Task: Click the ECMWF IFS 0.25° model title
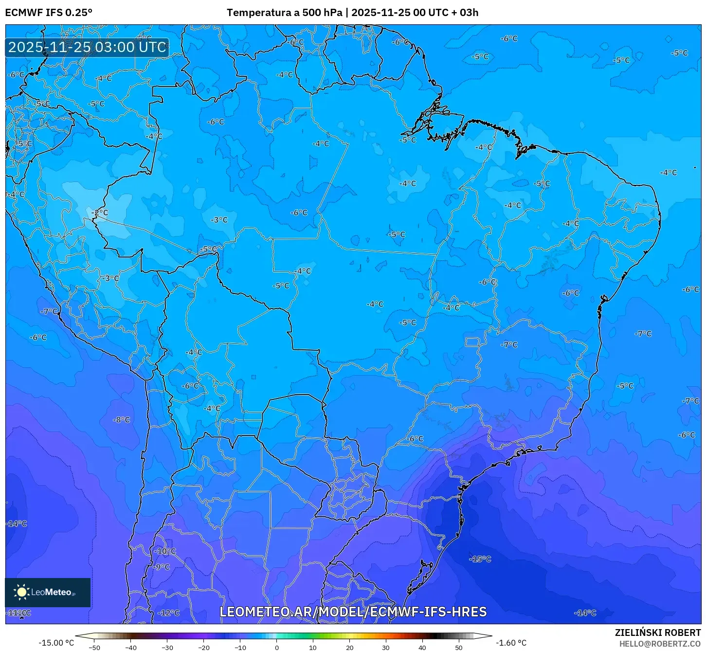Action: (x=49, y=13)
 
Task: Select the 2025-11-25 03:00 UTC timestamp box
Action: (x=87, y=47)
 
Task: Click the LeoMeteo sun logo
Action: (x=21, y=592)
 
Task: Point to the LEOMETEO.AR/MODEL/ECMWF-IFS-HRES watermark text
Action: (x=353, y=612)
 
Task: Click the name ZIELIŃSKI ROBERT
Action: (x=657, y=633)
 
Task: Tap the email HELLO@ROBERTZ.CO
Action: (x=660, y=644)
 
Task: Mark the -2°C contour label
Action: (x=100, y=213)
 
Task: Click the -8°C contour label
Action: (x=122, y=419)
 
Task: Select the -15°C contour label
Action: (x=480, y=559)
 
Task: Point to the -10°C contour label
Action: (x=165, y=551)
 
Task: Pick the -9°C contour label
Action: (x=162, y=567)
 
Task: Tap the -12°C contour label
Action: (x=169, y=613)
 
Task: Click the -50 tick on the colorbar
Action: (x=94, y=648)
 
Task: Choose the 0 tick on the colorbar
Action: (x=276, y=648)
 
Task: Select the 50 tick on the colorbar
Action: (x=459, y=648)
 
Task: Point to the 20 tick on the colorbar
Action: (x=349, y=648)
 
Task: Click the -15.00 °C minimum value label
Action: (x=56, y=643)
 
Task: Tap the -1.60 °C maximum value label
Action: (x=511, y=643)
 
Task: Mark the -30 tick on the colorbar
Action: (x=167, y=648)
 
